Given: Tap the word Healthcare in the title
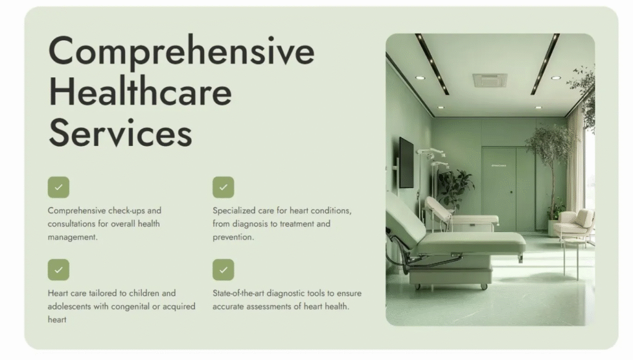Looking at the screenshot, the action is tap(140, 92).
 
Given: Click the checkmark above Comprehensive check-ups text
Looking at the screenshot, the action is tap(59, 187).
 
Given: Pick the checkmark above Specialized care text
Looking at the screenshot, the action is tap(223, 187).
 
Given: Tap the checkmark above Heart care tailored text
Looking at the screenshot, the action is tap(59, 270).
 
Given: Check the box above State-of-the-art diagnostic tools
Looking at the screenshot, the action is tap(223, 270).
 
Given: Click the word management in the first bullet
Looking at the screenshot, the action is tap(73, 237).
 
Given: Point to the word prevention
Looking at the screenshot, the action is tap(233, 237).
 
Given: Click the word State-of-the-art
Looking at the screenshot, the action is tap(238, 293).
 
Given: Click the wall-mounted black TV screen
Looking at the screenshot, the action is tap(406, 163).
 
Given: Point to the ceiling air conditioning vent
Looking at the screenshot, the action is tap(490, 80).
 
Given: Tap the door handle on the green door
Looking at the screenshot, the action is tap(511, 192).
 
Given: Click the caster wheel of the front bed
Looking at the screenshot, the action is tap(483, 286).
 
